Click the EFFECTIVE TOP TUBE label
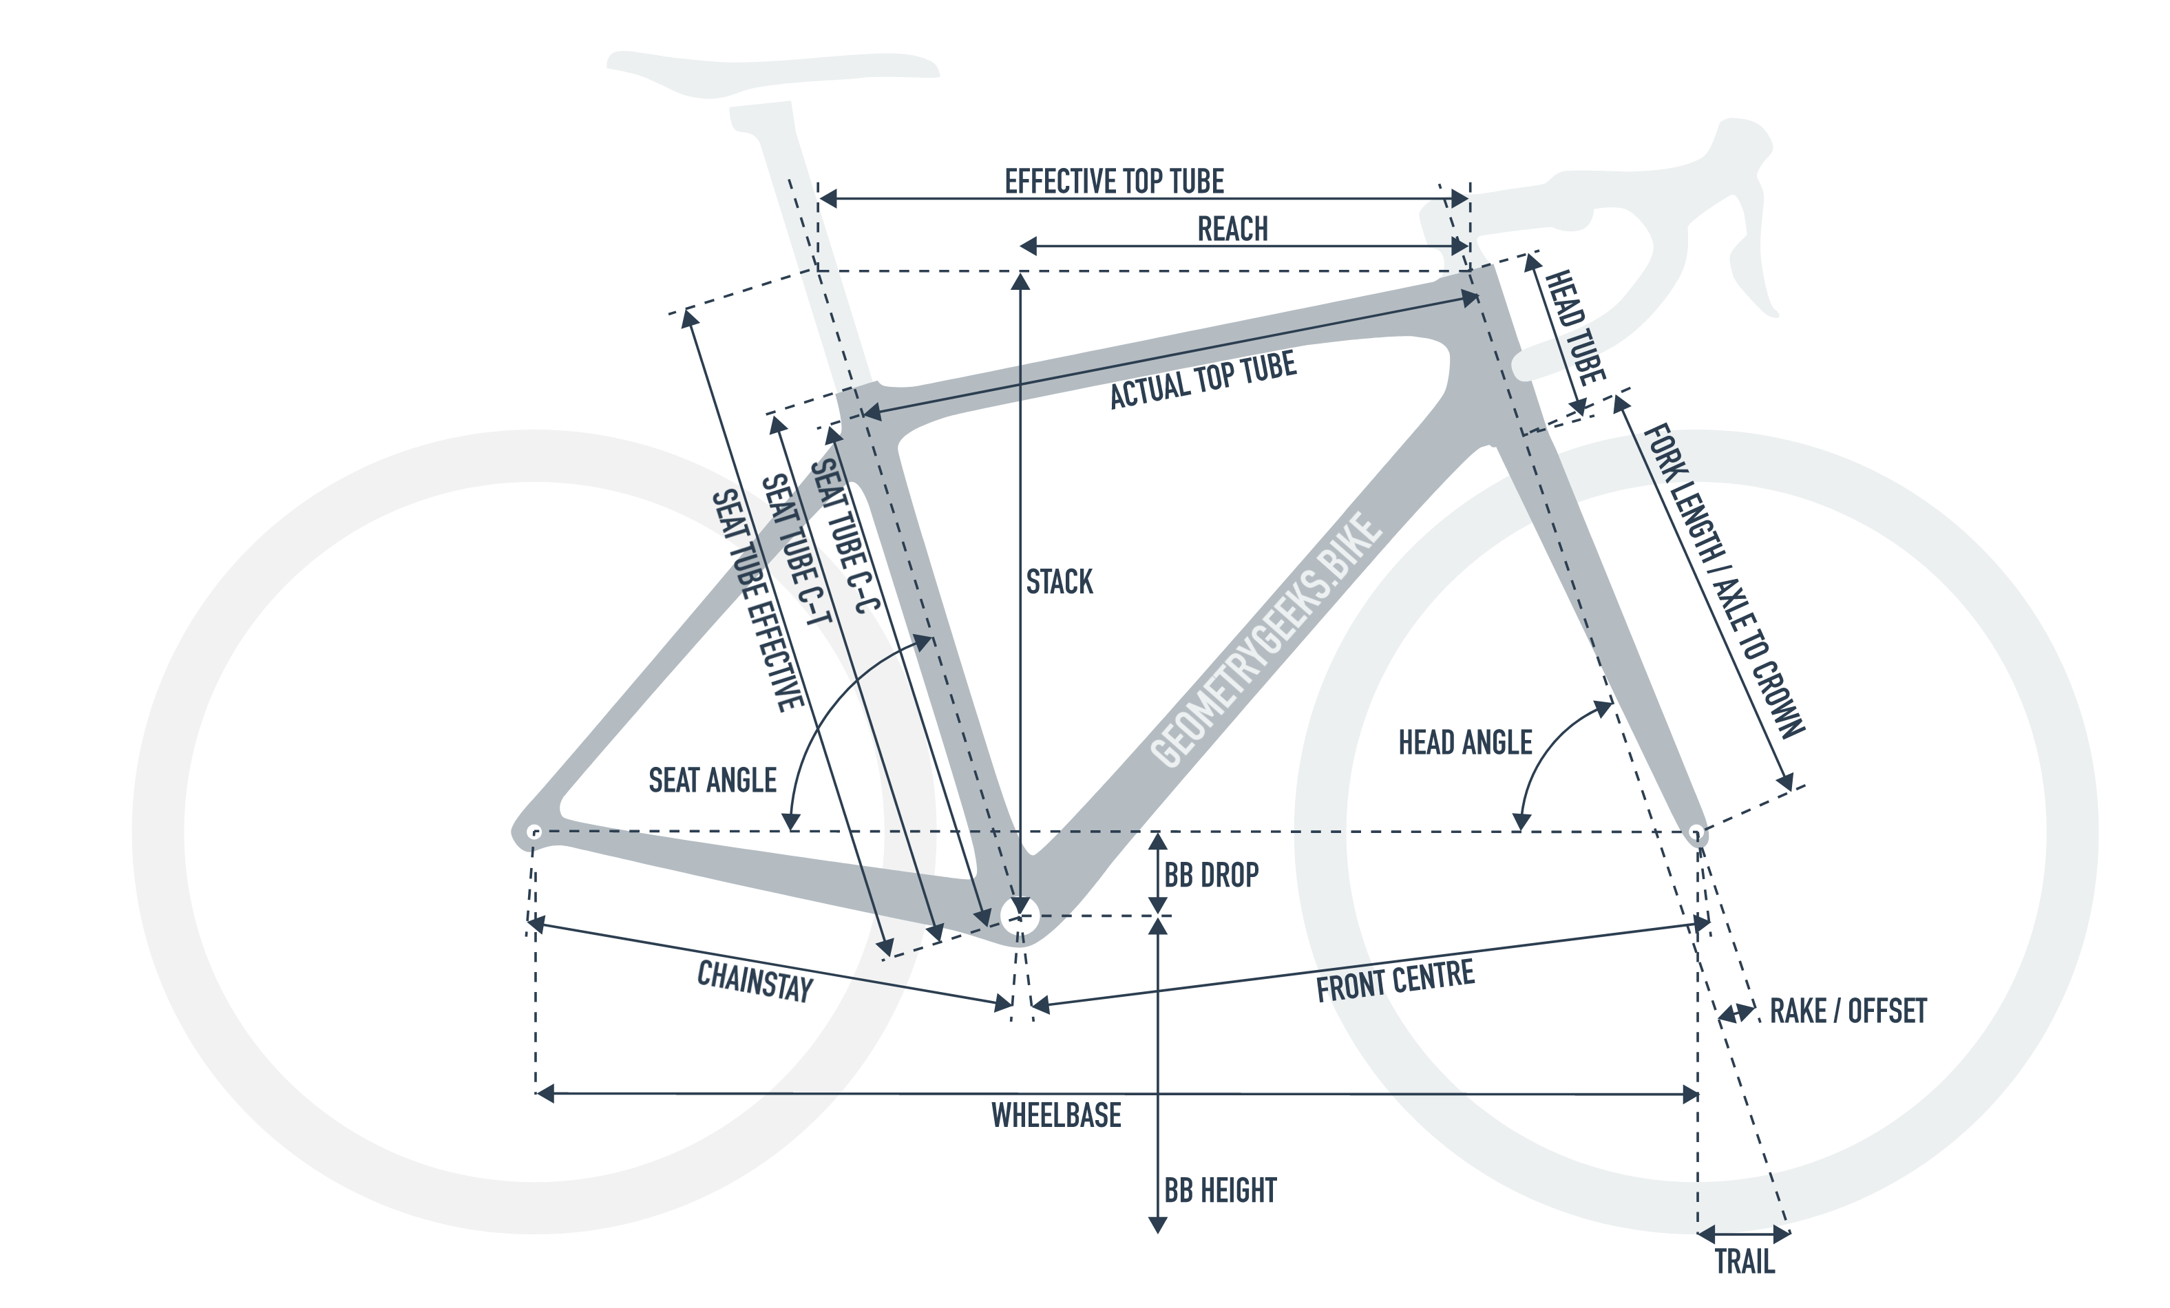coord(1114,182)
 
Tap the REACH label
coord(1232,229)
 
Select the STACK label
coord(1060,582)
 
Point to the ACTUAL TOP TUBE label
coord(1203,379)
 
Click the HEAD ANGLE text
coord(1466,743)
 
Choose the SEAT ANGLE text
coord(713,781)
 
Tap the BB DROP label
coord(1211,876)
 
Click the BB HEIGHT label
coord(1220,1191)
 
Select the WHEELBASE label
coord(1056,1116)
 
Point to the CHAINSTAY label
coord(755,981)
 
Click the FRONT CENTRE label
coord(1395,981)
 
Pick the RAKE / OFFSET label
coord(1848,1011)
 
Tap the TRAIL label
coord(1744,1262)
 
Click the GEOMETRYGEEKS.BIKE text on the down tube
coord(1265,640)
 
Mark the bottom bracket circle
coord(1020,917)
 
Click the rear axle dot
coord(534,832)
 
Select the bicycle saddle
coord(773,74)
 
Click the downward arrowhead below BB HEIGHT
coord(1157,1225)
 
